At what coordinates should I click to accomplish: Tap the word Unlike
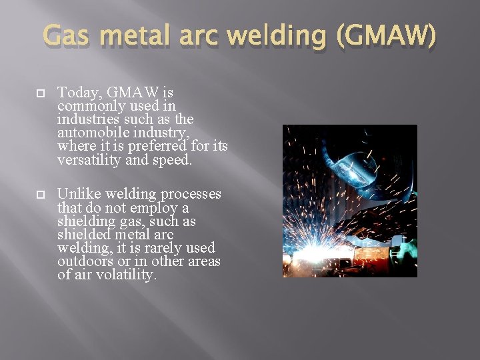(78, 195)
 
